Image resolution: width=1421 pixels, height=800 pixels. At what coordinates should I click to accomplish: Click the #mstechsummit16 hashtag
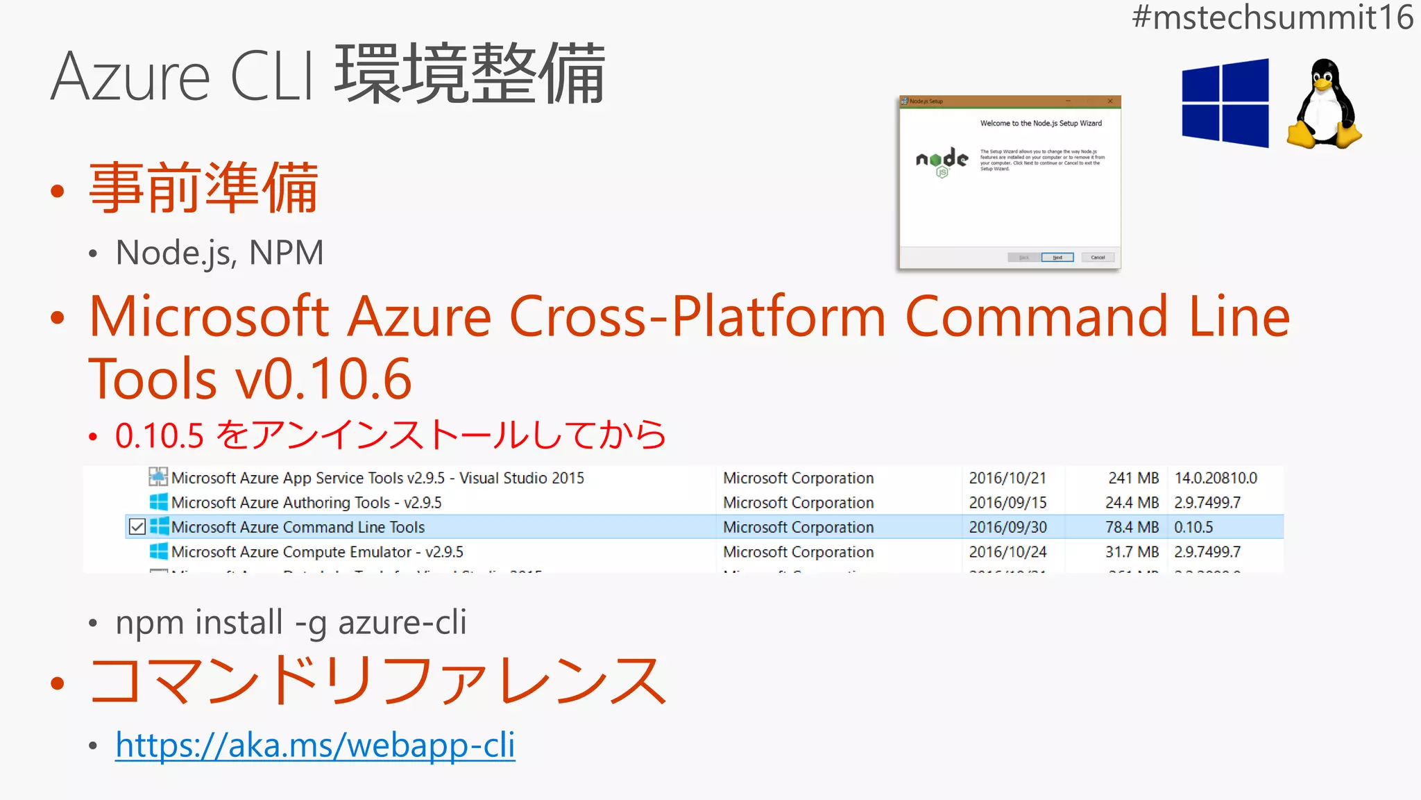point(1272,17)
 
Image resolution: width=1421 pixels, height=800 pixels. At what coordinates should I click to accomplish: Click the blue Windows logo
point(1225,103)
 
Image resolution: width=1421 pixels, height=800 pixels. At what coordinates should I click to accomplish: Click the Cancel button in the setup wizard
point(1097,258)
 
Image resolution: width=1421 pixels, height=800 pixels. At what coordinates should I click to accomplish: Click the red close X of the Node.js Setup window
point(1110,101)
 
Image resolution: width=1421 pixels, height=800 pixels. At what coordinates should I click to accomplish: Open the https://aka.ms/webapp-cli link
point(315,745)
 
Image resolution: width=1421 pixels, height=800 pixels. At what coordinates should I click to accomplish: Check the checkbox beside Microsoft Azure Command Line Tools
point(137,527)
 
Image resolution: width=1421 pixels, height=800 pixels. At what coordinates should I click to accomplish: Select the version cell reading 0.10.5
point(1193,527)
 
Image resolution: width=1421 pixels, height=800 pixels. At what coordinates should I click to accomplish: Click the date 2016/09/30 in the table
point(1007,527)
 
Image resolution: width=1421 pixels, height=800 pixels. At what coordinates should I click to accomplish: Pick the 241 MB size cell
point(1133,478)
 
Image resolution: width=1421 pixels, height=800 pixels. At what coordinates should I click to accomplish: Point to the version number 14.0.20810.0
point(1216,478)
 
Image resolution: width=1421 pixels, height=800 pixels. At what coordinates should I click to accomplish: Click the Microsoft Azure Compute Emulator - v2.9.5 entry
point(317,552)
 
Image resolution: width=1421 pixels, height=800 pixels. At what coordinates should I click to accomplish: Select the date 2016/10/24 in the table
point(1007,552)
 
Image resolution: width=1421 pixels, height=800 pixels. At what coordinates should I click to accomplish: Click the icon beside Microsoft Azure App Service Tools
point(158,477)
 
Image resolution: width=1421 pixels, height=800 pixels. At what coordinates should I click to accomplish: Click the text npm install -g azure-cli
point(291,622)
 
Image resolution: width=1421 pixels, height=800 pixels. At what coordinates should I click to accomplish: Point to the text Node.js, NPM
point(219,253)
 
